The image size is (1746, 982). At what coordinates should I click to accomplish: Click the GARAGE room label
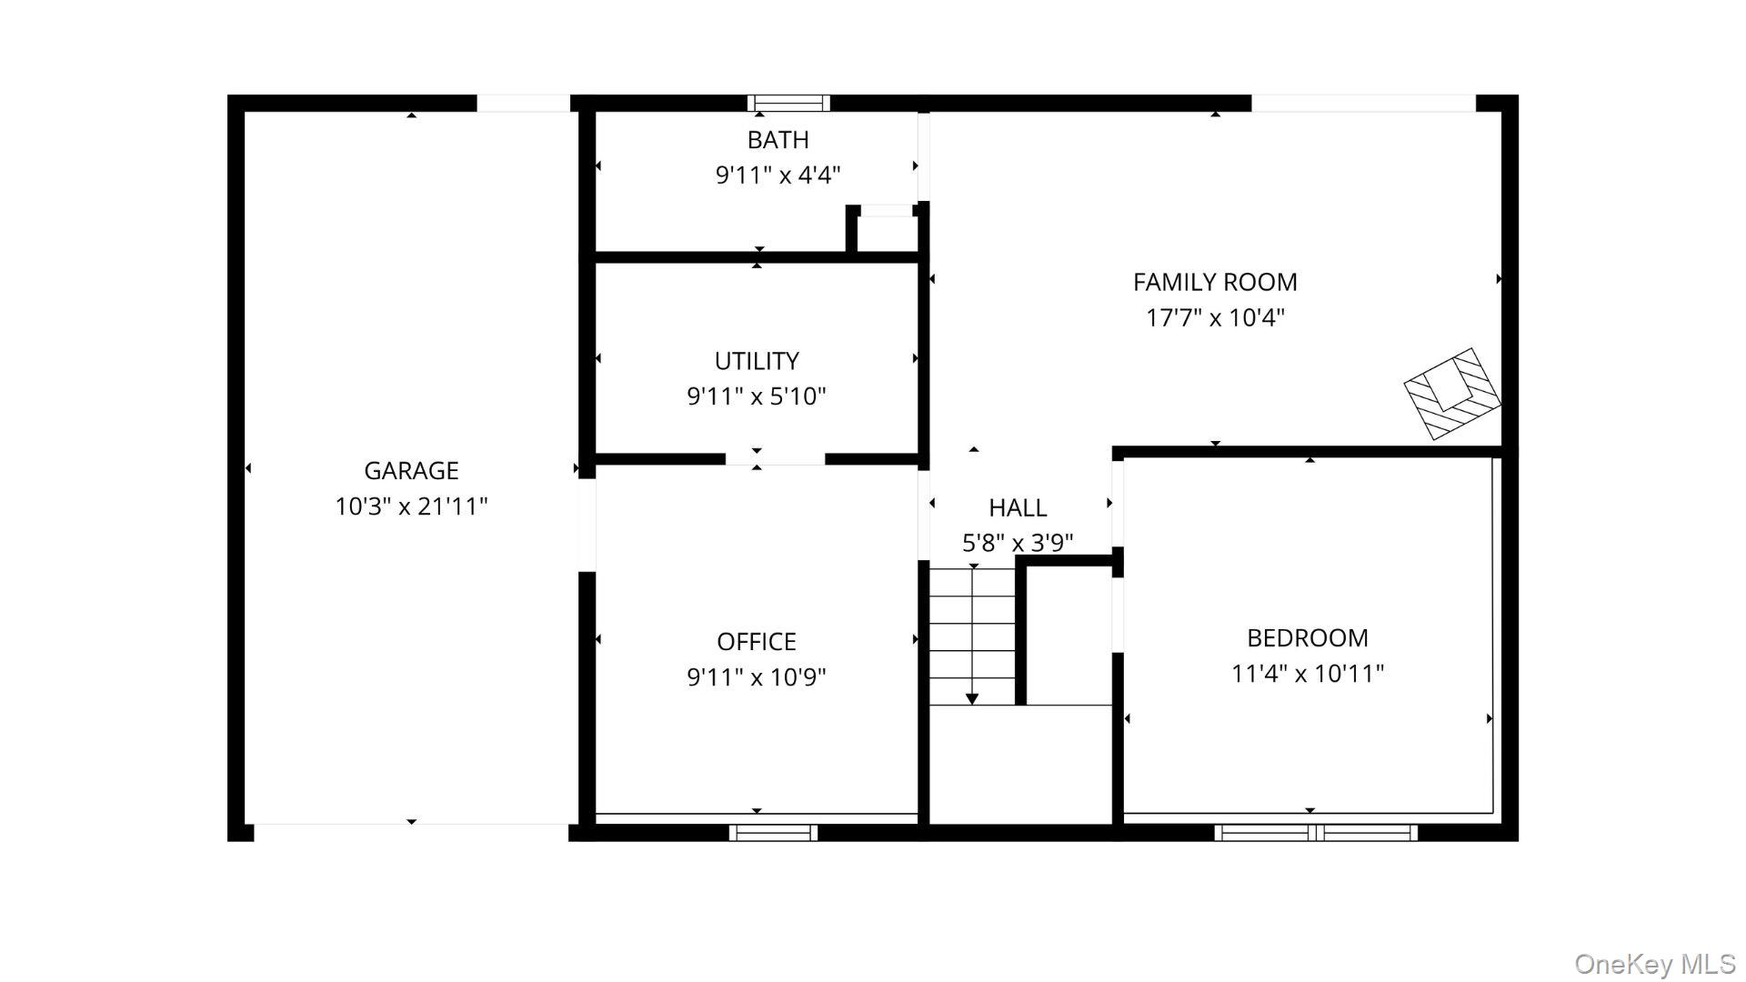click(411, 470)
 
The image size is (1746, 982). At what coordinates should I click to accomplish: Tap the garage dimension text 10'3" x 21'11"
click(411, 506)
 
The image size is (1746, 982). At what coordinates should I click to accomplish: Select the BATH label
click(778, 140)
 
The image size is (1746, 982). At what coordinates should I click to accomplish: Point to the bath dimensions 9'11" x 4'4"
click(778, 175)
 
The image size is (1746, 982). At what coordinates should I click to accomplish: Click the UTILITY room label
click(757, 361)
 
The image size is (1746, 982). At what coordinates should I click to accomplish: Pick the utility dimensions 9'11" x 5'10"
click(757, 396)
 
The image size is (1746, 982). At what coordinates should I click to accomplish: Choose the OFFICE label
click(757, 642)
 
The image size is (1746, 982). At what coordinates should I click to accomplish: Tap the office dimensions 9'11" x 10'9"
click(757, 677)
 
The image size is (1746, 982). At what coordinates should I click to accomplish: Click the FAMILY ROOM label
click(1215, 282)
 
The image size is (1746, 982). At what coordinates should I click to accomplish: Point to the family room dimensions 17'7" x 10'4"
click(1215, 317)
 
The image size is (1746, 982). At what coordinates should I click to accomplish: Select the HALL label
click(1018, 507)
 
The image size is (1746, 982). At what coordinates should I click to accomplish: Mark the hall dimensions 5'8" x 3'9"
click(1018, 543)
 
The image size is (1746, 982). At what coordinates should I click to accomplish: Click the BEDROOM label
click(1308, 638)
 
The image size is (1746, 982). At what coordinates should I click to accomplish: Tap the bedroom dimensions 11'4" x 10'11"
click(1308, 674)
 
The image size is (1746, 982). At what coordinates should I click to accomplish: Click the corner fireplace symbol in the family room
click(1453, 394)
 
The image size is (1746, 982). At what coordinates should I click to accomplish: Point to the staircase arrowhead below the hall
click(972, 698)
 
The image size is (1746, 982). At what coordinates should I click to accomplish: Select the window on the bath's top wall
click(788, 103)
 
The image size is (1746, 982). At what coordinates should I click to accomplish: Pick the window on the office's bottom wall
click(773, 832)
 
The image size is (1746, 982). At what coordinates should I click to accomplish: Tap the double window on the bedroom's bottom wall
click(1316, 832)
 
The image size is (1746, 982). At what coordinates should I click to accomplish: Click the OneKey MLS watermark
click(1655, 964)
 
